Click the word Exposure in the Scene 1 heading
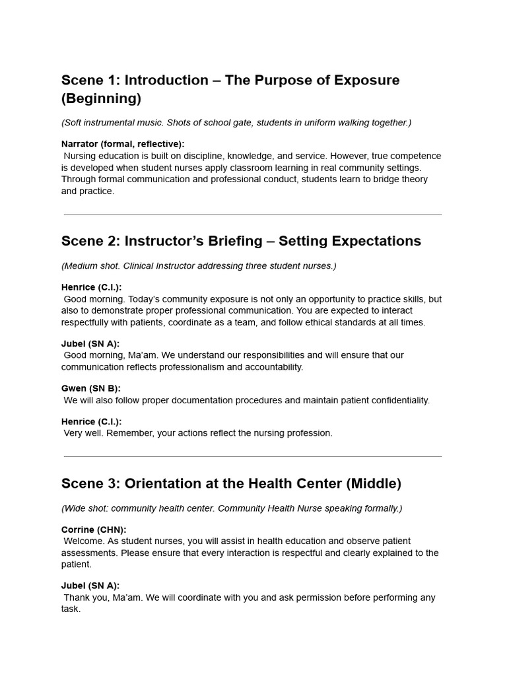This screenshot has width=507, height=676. point(367,81)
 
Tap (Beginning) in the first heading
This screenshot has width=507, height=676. point(101,99)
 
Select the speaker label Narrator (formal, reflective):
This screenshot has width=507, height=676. point(123,144)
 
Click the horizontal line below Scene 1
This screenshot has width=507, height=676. point(253,215)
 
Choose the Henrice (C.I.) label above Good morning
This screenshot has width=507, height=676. point(91,287)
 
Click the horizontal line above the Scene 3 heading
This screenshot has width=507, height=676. point(253,456)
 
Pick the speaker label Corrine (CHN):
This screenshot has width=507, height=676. point(94,529)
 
